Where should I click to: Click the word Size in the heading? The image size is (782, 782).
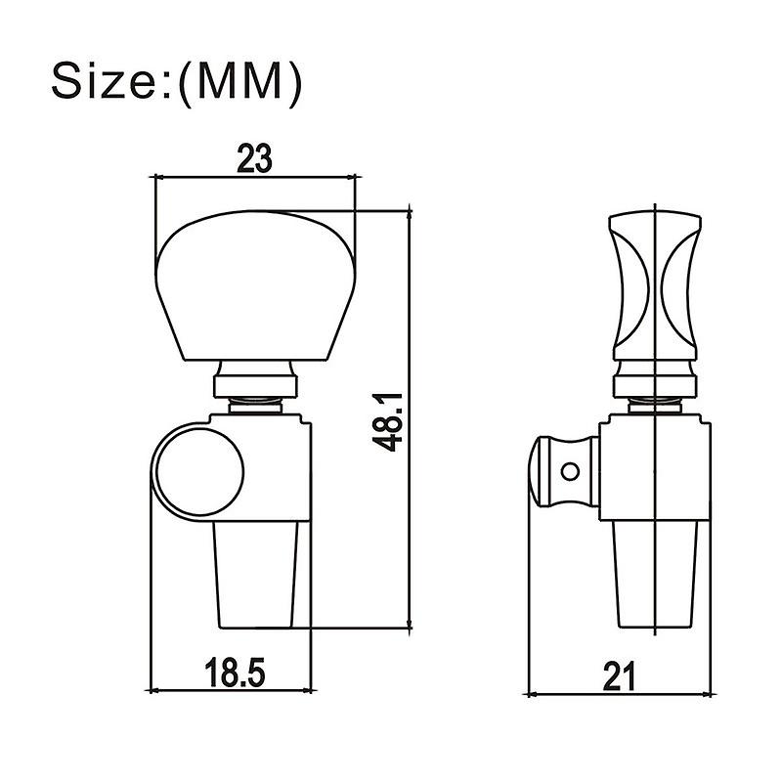106,83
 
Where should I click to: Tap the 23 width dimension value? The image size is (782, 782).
254,159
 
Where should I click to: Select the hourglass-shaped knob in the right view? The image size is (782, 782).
655,283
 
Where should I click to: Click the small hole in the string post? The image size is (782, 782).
567,472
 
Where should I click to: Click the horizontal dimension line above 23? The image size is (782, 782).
254,177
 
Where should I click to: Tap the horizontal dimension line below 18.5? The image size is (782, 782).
231,689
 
